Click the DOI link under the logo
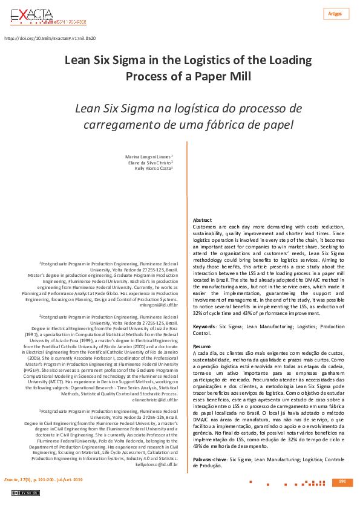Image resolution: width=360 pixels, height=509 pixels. pos(50,38)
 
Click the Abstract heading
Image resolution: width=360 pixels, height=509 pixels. pos(202,220)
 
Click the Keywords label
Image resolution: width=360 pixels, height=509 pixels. pos(205,326)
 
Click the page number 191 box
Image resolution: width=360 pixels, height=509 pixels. pos(342,482)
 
